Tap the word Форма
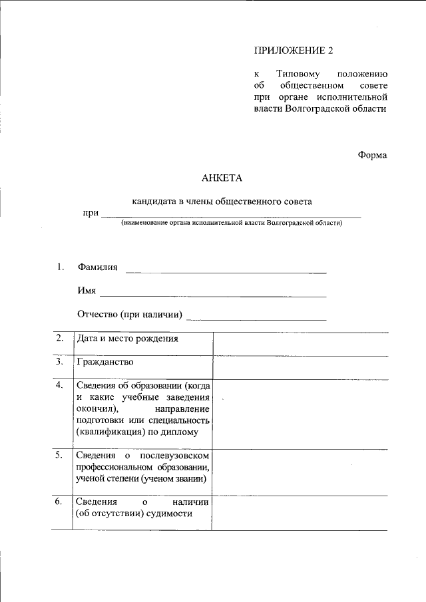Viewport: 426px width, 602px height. point(372,155)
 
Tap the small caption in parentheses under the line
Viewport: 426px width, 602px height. point(231,224)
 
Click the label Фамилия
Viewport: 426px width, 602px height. point(97,267)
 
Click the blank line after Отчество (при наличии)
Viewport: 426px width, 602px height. point(256,319)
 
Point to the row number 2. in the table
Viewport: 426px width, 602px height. point(60,338)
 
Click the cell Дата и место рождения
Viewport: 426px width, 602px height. point(128,339)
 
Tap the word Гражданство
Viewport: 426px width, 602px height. point(105,363)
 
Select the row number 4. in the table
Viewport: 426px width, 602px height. point(60,385)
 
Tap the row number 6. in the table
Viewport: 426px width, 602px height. point(60,502)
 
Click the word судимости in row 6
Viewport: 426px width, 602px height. point(168,514)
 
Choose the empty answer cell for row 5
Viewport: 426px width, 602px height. point(300,472)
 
